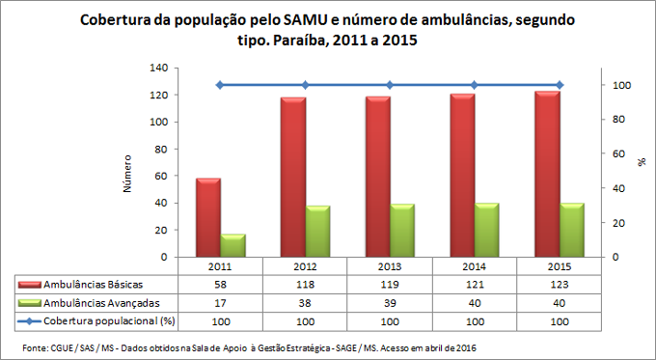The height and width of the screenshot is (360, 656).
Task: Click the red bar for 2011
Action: pos(208,217)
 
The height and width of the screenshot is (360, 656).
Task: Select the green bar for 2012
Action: pos(317,232)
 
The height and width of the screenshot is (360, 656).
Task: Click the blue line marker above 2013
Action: pos(391,85)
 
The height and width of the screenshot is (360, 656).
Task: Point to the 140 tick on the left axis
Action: pos(157,69)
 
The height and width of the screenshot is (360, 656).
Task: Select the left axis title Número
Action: pos(128,171)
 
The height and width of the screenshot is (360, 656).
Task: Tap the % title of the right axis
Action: pos(641,163)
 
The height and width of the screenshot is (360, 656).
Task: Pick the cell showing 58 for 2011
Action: pos(221,285)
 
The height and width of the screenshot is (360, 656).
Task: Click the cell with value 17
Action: pos(221,302)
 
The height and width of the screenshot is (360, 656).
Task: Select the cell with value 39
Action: pos(391,302)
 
